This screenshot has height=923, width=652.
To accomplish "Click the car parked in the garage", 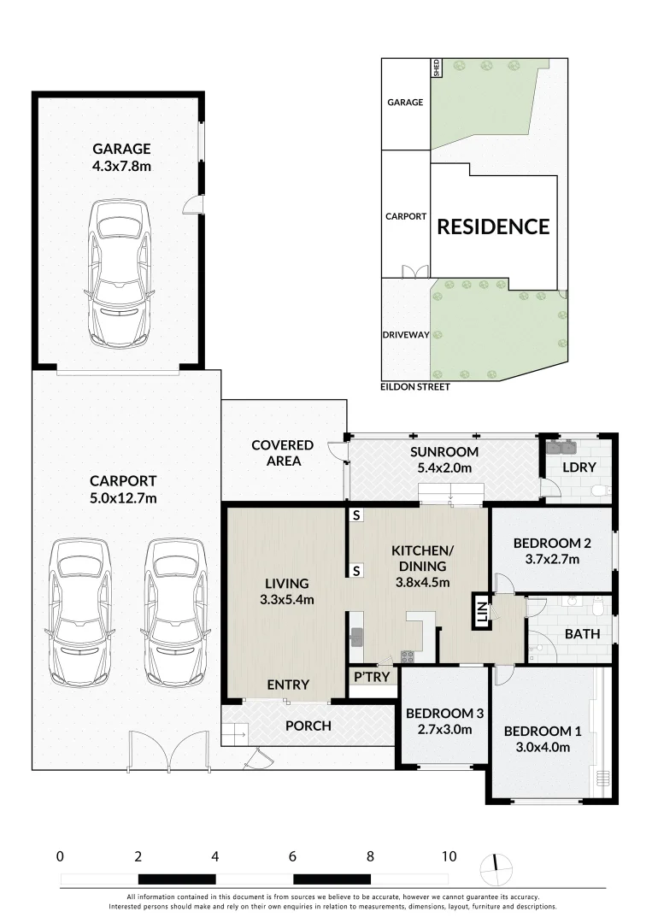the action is [120, 273].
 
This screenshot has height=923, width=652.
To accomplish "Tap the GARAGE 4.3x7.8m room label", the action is [122, 158].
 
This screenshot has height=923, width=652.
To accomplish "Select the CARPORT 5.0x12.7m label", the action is [123, 490].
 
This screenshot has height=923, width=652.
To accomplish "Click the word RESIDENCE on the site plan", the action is [493, 226].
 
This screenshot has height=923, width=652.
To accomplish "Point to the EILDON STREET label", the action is [414, 387].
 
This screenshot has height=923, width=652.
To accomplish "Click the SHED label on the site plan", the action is [436, 68].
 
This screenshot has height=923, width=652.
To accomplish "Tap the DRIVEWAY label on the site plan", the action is [406, 335].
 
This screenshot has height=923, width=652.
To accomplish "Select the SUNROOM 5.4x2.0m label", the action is [443, 460].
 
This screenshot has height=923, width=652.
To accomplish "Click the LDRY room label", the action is [579, 467].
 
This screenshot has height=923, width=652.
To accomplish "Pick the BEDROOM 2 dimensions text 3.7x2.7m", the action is [552, 559].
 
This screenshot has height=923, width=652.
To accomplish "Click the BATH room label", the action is [582, 634].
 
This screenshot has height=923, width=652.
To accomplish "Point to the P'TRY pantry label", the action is [372, 677].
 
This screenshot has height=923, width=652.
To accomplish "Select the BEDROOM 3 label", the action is [444, 714].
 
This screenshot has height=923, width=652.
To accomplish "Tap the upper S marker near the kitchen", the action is [356, 515].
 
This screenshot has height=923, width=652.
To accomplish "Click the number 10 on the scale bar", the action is [449, 856].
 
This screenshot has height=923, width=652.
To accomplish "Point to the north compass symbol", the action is [496, 868].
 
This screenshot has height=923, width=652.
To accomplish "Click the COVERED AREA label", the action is [283, 453].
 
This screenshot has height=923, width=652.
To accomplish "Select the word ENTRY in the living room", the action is [288, 685].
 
